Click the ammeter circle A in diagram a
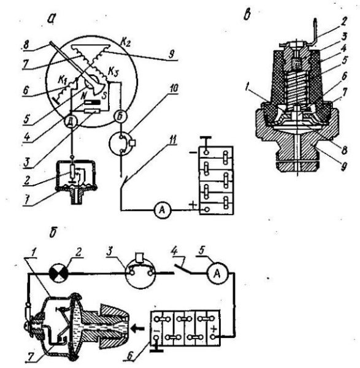163,210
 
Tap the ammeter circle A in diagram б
217,273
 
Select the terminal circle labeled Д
71,122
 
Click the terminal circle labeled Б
120,116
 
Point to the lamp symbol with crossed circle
59,273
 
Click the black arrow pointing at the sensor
138,329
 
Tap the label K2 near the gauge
126,43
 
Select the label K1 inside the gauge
63,81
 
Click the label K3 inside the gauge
113,72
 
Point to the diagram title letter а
51,19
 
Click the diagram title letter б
53,232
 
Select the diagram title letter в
247,15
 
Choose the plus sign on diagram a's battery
193,205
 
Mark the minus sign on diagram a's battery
193,153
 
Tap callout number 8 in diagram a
26,45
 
